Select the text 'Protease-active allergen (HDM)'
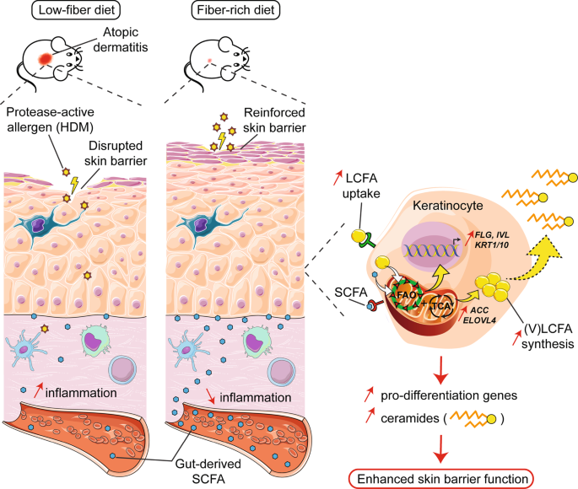coord(51,121)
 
